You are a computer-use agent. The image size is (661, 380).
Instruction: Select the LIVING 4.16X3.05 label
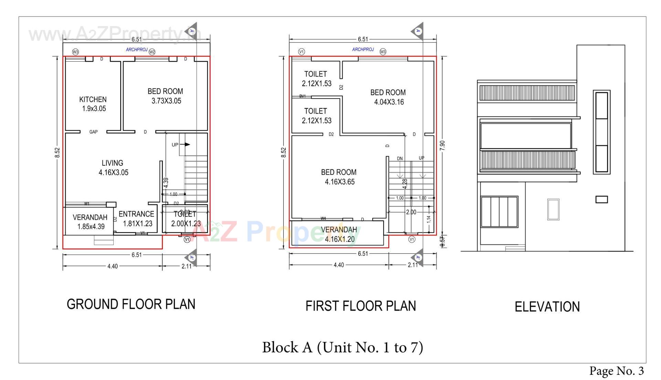(113, 168)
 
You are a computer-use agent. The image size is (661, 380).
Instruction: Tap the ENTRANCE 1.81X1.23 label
(137, 219)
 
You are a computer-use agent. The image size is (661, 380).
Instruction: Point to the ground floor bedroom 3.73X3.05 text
(166, 96)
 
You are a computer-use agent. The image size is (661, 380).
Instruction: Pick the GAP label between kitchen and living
(93, 132)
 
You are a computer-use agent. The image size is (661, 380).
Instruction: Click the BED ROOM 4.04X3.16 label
(388, 97)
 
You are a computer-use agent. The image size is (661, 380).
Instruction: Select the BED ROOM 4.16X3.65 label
(339, 177)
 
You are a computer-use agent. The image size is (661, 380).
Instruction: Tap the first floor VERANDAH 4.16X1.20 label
(339, 234)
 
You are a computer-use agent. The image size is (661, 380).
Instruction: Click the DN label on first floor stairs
(400, 159)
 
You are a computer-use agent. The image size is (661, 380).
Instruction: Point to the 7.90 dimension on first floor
(443, 145)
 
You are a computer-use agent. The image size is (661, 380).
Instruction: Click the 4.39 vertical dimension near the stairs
(166, 182)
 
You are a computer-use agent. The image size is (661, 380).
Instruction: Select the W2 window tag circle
(152, 52)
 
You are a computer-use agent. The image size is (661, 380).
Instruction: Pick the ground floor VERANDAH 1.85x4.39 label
(90, 222)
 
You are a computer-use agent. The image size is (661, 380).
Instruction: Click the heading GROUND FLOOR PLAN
(131, 304)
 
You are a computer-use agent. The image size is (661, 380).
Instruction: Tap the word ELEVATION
(547, 307)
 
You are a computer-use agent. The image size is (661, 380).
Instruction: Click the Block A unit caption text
(342, 347)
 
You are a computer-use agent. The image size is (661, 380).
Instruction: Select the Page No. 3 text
(616, 371)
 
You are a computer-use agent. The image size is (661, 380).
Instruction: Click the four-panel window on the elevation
(499, 212)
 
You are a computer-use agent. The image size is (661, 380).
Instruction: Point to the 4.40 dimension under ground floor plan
(112, 266)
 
